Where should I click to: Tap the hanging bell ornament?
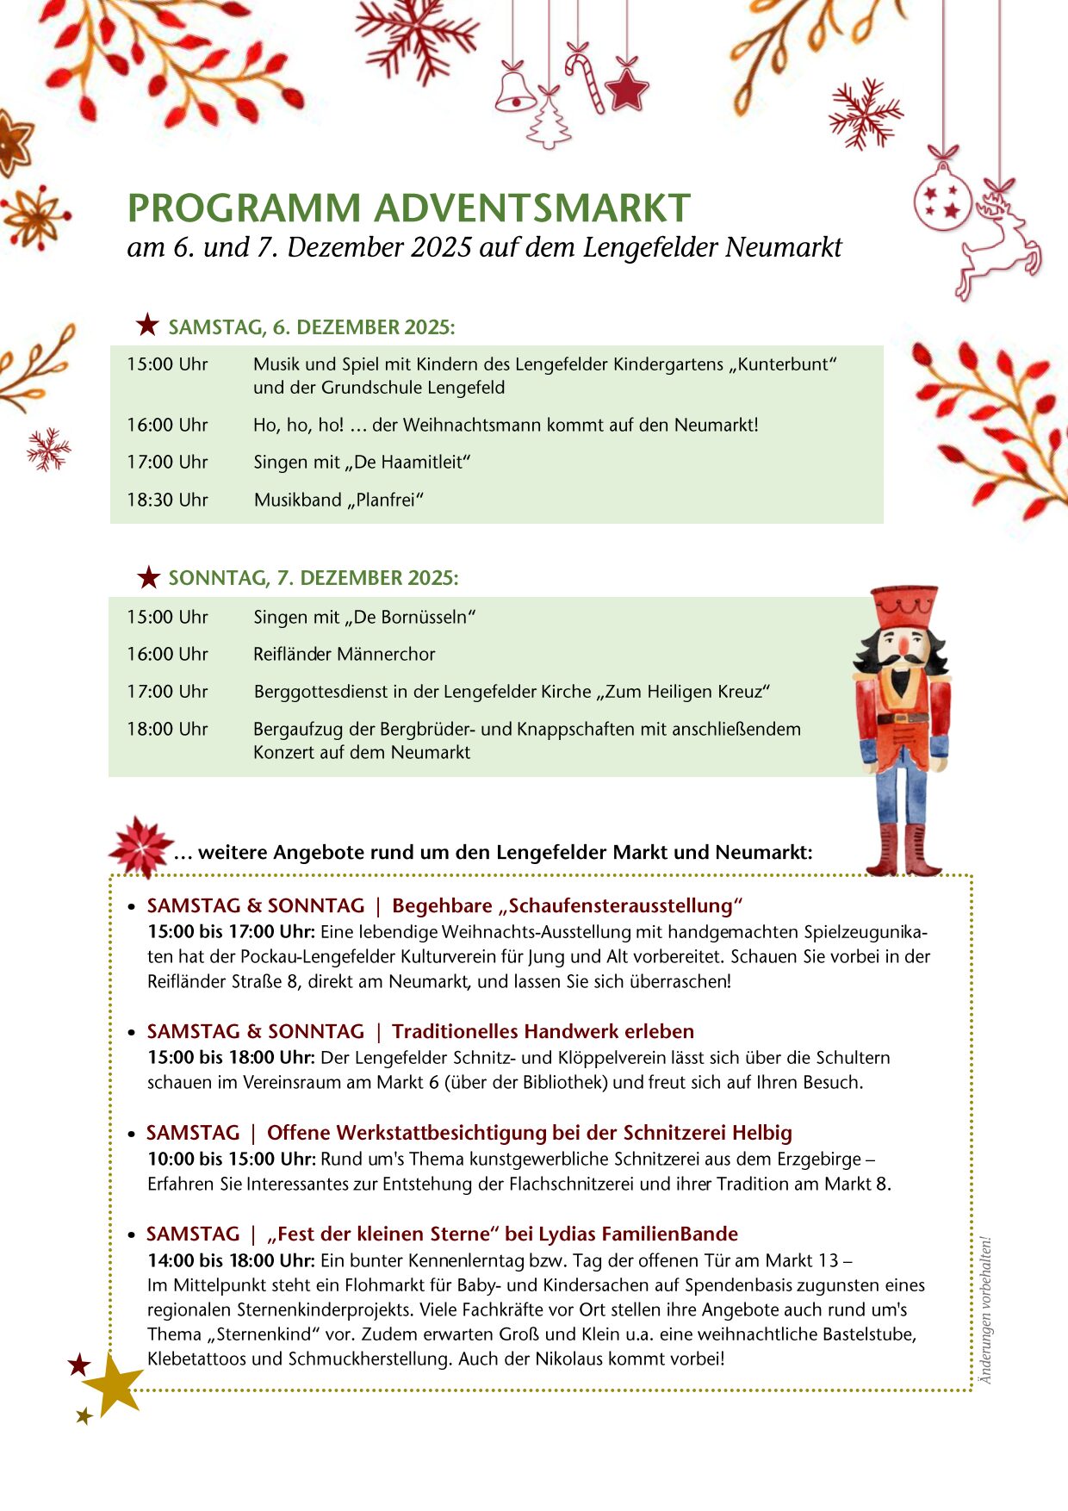(514, 90)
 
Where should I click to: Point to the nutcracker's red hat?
(903, 606)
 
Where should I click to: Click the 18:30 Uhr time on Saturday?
(167, 500)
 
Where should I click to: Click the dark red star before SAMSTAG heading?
(147, 326)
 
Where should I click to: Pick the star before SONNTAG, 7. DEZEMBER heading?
(148, 577)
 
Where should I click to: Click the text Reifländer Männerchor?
(344, 654)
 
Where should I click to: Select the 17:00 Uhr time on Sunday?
(167, 691)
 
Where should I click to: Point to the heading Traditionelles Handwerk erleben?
(543, 1031)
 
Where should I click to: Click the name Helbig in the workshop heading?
(761, 1132)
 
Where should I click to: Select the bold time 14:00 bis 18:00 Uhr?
(231, 1260)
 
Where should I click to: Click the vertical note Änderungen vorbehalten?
(986, 1310)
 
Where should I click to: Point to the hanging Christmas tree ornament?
(549, 121)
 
